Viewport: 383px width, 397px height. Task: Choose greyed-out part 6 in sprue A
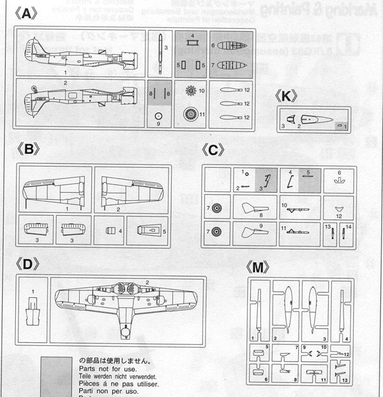click(232, 45)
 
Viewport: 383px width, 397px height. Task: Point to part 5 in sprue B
click(147, 228)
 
